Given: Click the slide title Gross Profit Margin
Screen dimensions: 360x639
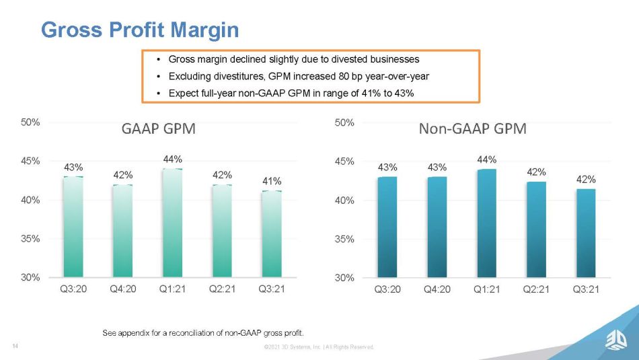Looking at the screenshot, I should (140, 30).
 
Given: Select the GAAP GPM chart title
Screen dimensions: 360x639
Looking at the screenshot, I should (158, 129).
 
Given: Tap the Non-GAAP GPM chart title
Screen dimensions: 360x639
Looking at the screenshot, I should (472, 129).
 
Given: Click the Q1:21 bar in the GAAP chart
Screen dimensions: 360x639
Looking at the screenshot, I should (172, 223).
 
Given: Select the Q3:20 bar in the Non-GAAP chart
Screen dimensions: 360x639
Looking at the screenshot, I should (387, 227).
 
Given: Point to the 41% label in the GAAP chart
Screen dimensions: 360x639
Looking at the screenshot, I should (272, 181).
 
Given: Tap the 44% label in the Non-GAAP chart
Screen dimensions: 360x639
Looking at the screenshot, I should (487, 159).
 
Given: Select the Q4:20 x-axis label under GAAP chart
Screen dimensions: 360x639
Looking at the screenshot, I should (123, 289).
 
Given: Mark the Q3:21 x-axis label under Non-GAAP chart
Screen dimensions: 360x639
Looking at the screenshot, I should (586, 289).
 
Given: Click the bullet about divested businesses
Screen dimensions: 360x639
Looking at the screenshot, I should (293, 59).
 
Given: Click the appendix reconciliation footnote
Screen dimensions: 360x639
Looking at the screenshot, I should (202, 332).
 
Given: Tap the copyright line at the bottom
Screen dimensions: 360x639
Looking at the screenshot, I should (319, 347).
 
